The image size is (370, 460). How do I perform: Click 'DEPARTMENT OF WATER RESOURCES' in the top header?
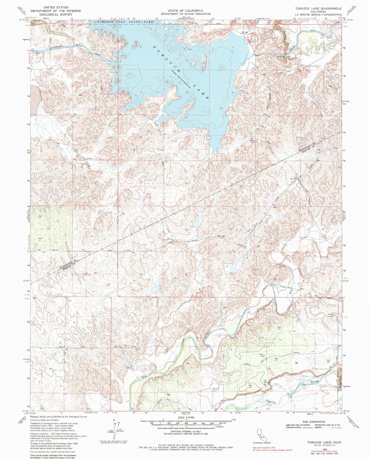point(186,14)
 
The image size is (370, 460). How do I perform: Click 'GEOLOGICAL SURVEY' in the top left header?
point(55,14)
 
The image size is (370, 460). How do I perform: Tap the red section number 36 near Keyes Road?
point(95,273)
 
